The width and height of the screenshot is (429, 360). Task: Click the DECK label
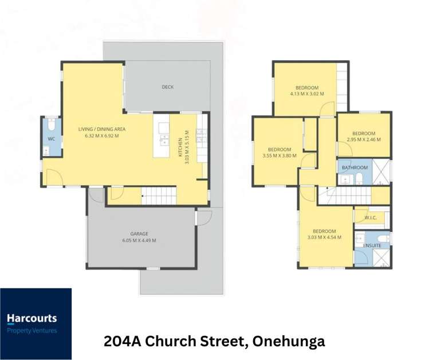coord(167,87)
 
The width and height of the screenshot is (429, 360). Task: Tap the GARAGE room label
coord(139,233)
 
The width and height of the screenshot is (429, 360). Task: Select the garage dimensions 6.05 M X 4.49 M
coord(139,241)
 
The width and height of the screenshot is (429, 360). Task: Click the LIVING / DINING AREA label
coord(102,129)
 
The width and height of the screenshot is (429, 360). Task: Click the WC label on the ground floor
coord(51,139)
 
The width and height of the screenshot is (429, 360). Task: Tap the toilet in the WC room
coord(51,126)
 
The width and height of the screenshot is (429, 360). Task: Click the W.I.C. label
coord(363,217)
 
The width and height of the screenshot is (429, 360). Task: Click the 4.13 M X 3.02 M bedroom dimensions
coord(306,93)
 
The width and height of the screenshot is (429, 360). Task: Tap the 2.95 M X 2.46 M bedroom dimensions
coord(363,139)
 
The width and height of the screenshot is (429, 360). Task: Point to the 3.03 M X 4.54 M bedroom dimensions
coord(324,237)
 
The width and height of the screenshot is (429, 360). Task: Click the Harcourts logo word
coord(32,318)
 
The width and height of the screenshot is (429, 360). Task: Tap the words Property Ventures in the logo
coord(32,330)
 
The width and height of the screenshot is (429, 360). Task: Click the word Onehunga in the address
coord(289,342)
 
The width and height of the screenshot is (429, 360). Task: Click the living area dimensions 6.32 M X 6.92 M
coord(102,136)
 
